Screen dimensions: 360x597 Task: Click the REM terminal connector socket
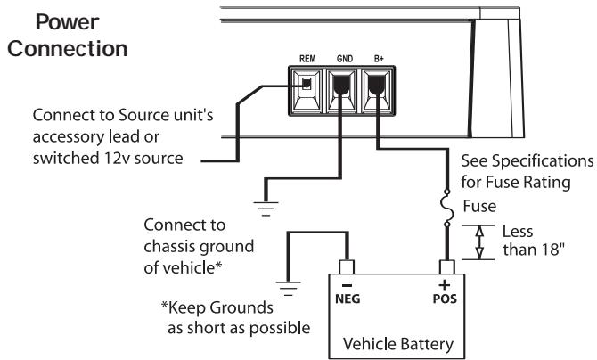305,86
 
